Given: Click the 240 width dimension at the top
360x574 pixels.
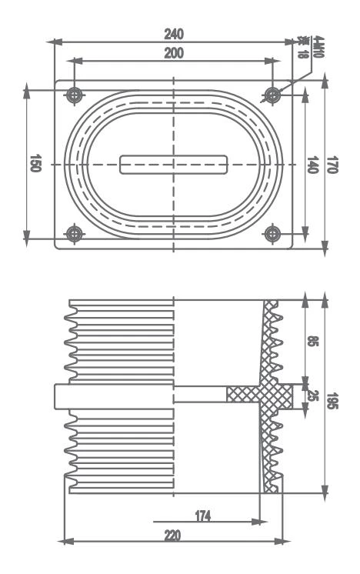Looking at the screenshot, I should click(x=173, y=34).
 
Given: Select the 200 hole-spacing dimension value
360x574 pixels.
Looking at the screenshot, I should click(x=173, y=52).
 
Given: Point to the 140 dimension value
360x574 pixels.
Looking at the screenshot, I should click(x=312, y=165).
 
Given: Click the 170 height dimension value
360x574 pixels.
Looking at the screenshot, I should click(x=332, y=165).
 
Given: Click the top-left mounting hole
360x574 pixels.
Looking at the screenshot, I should click(x=74, y=95).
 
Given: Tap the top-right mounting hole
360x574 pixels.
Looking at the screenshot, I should click(x=272, y=95).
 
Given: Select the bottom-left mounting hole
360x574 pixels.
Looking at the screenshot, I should click(x=74, y=233).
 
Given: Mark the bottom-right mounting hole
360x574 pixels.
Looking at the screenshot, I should click(x=272, y=233).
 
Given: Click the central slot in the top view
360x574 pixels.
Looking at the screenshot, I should click(x=174, y=165).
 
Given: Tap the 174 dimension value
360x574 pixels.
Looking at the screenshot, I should click(x=202, y=514).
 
